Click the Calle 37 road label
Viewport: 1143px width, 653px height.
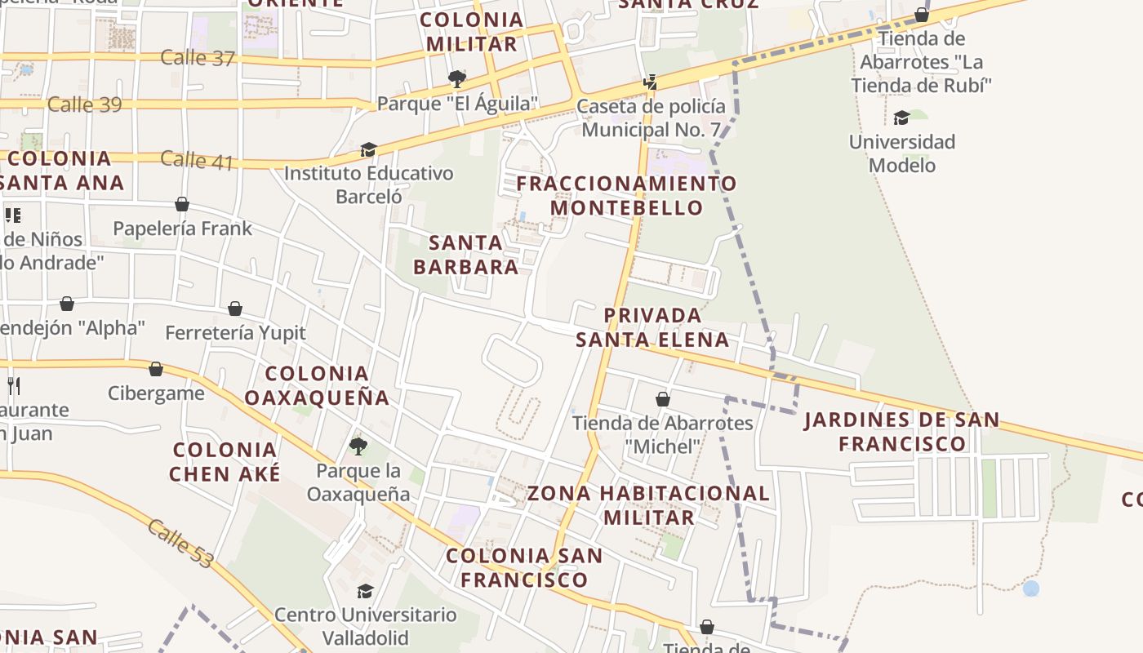click(x=198, y=58)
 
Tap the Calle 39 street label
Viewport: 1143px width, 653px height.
click(x=84, y=104)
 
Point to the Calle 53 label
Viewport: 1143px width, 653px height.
click(x=180, y=543)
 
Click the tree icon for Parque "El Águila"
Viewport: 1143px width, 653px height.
click(x=457, y=78)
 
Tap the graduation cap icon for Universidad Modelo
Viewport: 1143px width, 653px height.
click(x=901, y=118)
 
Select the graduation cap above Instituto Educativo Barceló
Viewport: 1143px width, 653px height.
click(x=368, y=150)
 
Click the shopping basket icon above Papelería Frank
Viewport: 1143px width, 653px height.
click(x=182, y=204)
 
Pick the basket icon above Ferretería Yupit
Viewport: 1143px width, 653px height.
click(x=235, y=309)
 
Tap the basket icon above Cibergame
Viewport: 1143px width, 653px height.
click(x=156, y=369)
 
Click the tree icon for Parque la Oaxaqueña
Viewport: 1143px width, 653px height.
click(x=358, y=446)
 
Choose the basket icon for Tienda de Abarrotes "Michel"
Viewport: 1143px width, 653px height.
click(x=663, y=399)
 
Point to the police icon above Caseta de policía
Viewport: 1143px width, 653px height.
click(x=650, y=82)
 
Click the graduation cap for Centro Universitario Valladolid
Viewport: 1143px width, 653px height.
click(x=365, y=591)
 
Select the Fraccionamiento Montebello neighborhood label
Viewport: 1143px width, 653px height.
click(x=626, y=195)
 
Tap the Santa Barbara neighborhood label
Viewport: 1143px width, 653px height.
click(x=465, y=255)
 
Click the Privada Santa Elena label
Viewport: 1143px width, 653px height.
click(x=652, y=327)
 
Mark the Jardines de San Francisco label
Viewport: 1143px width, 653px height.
click(x=901, y=432)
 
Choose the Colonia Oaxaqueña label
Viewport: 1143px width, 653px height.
click(x=317, y=385)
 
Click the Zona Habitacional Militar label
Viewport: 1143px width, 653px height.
click(x=648, y=504)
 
